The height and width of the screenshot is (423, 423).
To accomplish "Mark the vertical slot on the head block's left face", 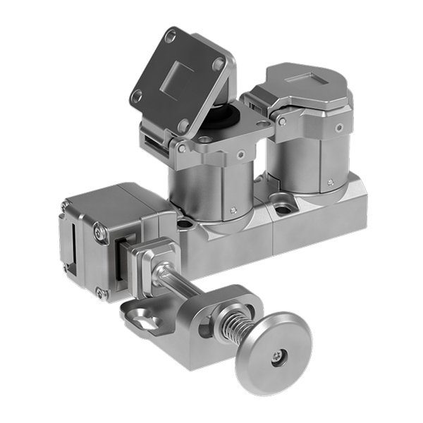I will (69, 245).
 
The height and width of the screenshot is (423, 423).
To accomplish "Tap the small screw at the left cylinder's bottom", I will (233, 209).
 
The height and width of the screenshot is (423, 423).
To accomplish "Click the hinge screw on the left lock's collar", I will (183, 149).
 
